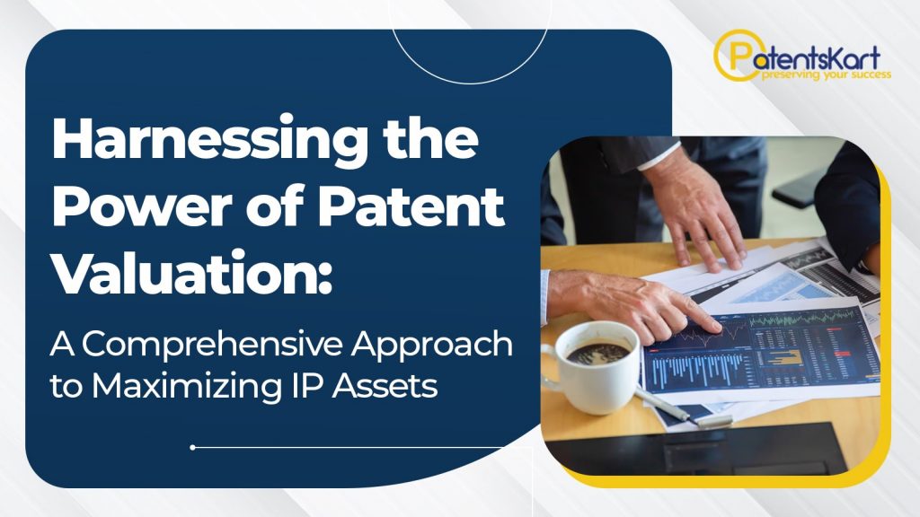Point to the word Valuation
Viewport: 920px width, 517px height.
[x=192, y=272]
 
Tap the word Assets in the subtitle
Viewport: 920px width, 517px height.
[x=385, y=386]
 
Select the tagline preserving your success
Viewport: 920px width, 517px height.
[x=827, y=75]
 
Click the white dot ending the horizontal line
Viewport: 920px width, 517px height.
[x=192, y=447]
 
